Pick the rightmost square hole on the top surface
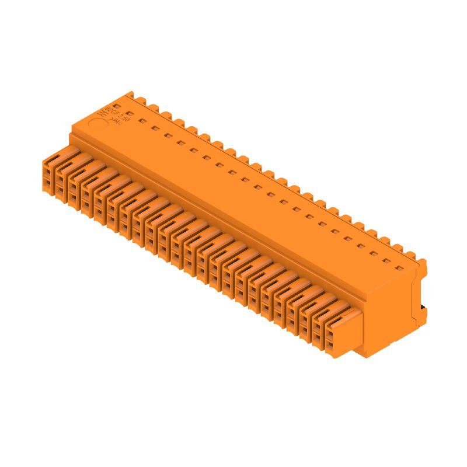point(399,268)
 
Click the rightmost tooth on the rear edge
point(411,255)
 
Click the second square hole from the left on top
point(142,120)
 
